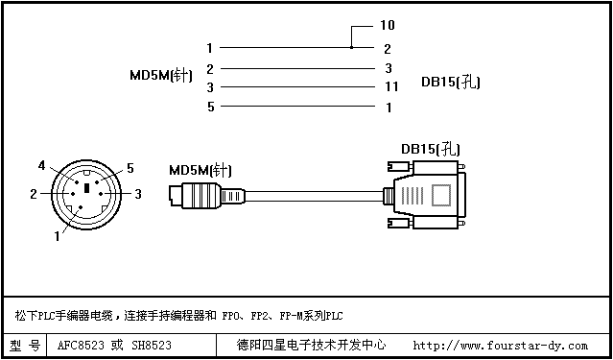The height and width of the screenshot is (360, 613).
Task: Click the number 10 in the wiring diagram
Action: coord(388,25)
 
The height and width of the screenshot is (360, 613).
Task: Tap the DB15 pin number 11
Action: coord(390,86)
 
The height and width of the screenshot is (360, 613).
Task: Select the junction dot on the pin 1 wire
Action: coord(351,47)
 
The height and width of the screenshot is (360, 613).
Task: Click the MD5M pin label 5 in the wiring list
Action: coord(211,107)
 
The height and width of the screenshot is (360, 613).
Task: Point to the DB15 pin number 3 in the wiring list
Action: coord(389,68)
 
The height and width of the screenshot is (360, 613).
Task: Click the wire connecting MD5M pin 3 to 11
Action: coord(298,86)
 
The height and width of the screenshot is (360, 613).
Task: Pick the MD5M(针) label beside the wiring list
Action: coord(161,75)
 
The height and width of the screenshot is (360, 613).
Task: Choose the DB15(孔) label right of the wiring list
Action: coord(450,83)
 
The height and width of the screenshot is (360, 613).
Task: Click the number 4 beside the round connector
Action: coord(42,166)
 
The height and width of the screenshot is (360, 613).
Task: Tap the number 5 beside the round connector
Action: coord(130,169)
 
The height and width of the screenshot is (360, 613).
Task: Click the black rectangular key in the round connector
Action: coord(86,188)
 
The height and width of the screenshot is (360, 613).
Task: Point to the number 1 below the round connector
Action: coord(57,237)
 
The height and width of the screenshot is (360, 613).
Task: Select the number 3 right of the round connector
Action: coord(138,194)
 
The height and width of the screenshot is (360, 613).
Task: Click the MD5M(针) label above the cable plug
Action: coord(200,171)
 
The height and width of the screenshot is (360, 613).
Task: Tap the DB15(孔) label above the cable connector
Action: coord(431,149)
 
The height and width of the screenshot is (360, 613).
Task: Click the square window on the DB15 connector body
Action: coord(441,195)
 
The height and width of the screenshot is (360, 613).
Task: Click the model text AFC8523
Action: coord(81,346)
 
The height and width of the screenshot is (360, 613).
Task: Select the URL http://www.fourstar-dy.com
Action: coord(501,346)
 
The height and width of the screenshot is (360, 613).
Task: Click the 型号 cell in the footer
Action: coord(25,346)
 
